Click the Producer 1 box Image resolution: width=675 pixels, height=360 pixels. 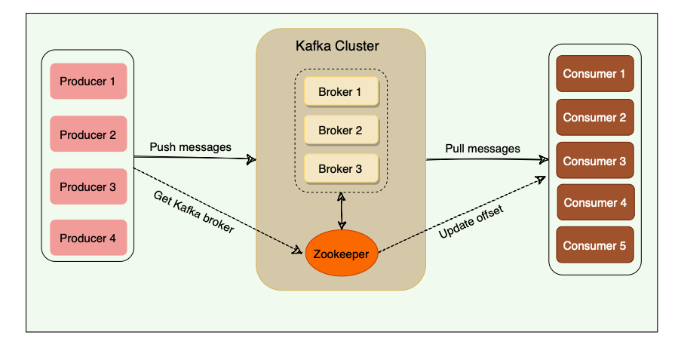(88, 82)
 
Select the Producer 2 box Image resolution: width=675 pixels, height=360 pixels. (88, 135)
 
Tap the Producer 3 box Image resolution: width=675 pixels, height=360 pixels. (88, 186)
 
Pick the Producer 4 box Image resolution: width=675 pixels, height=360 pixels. (88, 238)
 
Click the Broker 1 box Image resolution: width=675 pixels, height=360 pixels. (340, 92)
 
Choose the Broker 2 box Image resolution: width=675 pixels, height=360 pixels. (340, 131)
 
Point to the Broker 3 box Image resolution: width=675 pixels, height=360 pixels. (340, 169)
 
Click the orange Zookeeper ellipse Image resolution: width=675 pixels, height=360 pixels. (341, 254)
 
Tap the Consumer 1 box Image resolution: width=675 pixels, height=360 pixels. (594, 74)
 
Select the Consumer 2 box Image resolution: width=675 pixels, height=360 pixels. (594, 117)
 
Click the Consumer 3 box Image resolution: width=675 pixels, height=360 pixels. (594, 161)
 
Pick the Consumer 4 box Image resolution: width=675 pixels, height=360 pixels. (595, 202)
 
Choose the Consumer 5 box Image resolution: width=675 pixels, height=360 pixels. (594, 245)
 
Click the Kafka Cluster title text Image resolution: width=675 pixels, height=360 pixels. (337, 46)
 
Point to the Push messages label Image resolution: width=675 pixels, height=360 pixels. (190, 146)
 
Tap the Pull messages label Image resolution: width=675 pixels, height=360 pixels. (483, 149)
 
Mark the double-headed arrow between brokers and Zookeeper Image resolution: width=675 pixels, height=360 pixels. (344, 209)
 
